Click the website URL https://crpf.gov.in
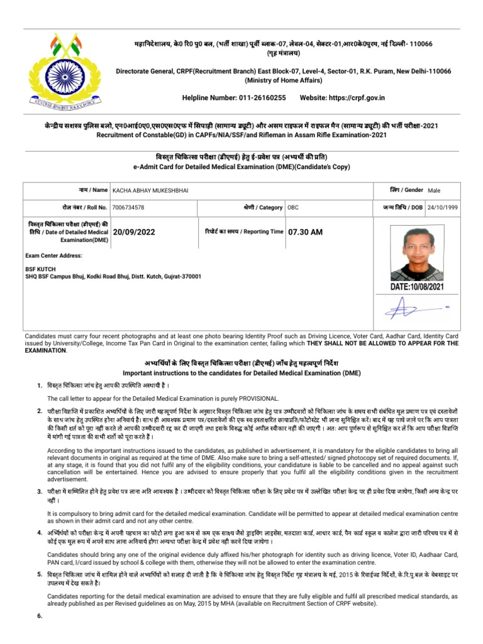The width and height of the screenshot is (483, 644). pos(360,98)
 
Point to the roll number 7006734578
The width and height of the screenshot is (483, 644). pos(128,207)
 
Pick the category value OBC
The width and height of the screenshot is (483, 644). pos(293,207)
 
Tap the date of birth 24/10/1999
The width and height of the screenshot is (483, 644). pos(443,207)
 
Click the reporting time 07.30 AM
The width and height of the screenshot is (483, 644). pos(305,232)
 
